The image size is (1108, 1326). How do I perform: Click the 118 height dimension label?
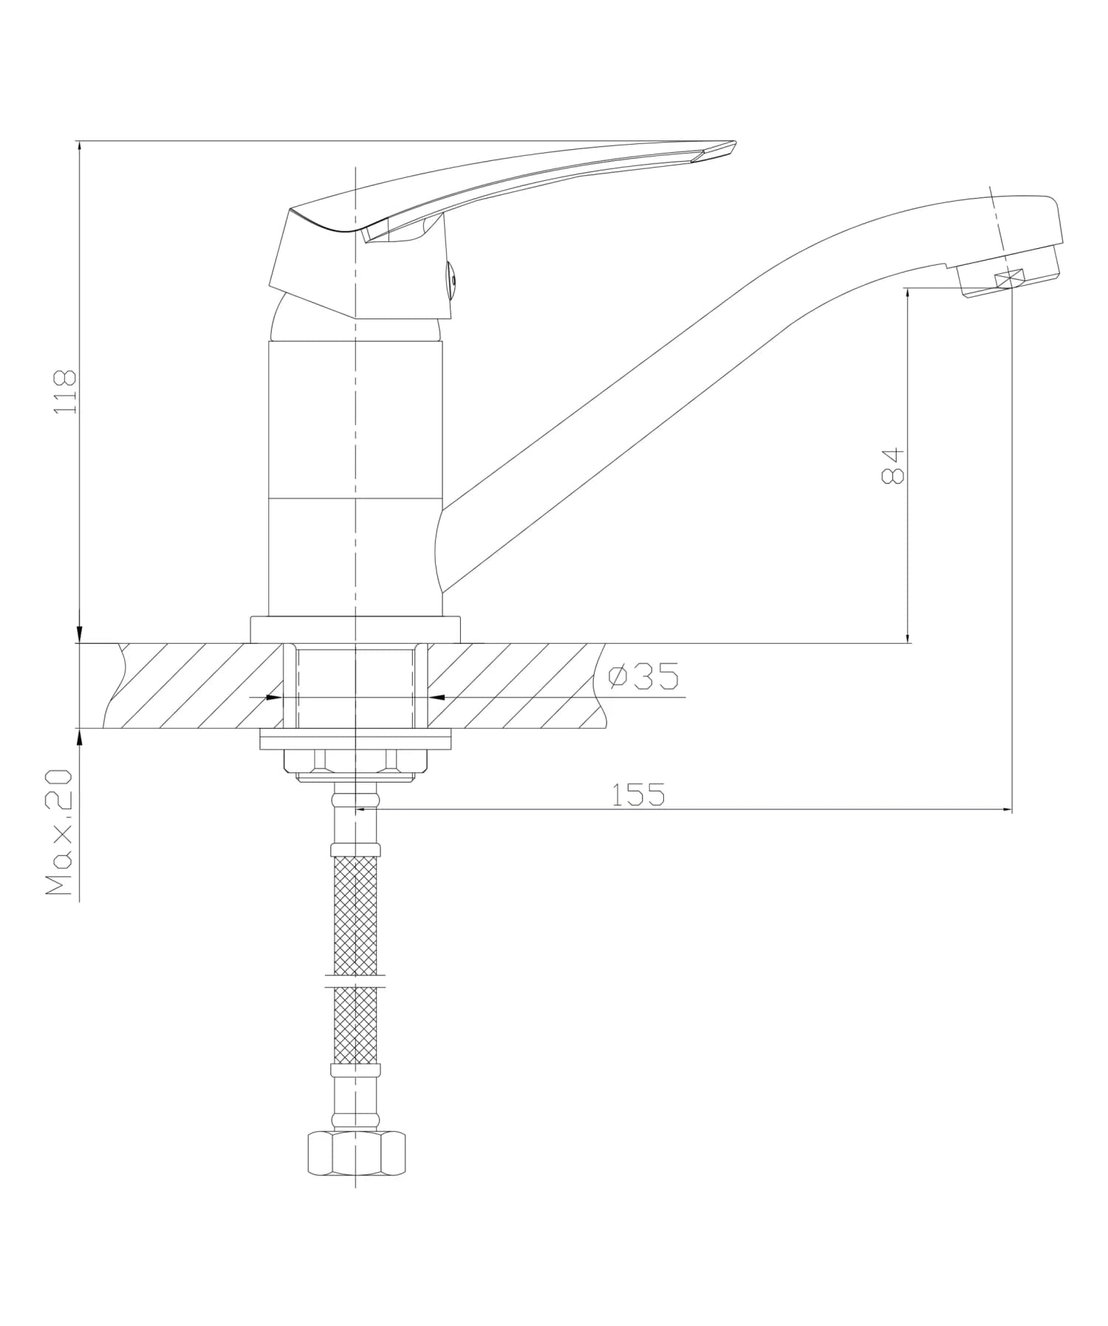[x=66, y=391]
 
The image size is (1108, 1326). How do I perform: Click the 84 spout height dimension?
[x=893, y=465]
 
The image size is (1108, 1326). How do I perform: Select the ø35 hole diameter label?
[x=643, y=676]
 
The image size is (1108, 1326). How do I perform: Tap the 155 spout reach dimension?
[x=638, y=794]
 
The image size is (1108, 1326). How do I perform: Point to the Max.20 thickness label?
[x=59, y=832]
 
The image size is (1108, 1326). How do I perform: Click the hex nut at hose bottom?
[x=356, y=1153]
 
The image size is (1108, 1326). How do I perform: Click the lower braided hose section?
[x=356, y=1025]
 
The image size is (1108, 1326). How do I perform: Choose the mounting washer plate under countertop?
[x=355, y=740]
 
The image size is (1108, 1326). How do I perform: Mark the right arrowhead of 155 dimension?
[x=1007, y=810]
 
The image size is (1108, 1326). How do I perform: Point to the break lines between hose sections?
[x=355, y=980]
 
